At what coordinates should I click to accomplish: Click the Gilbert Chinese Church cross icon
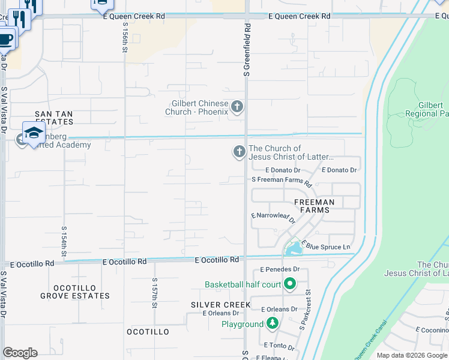(x=237, y=107)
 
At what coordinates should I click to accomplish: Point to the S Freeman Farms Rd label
(x=282, y=180)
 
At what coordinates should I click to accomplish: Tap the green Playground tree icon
(x=273, y=324)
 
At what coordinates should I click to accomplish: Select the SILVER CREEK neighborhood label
(x=220, y=305)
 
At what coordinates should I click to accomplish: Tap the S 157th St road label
(x=154, y=292)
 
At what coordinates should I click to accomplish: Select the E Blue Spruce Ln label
(x=327, y=247)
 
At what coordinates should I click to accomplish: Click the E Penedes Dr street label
(x=280, y=270)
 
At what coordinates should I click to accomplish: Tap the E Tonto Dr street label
(x=279, y=346)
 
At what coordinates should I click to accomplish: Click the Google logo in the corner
(x=20, y=353)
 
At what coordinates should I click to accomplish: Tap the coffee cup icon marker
(x=5, y=40)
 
